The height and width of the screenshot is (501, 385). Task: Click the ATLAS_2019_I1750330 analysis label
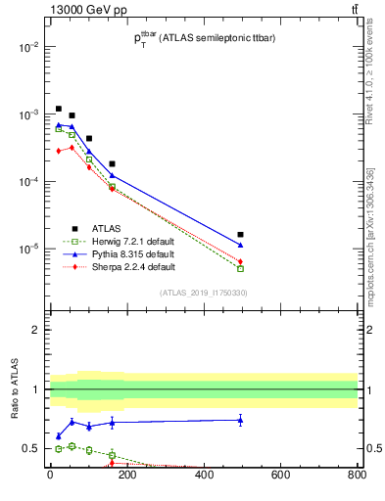(202, 293)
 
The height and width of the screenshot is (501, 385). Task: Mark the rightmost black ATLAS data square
(241, 235)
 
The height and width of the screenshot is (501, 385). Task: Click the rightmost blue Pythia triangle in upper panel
(241, 245)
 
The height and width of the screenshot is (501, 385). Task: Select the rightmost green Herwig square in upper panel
(241, 268)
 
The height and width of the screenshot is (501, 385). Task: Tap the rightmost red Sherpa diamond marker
(241, 261)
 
